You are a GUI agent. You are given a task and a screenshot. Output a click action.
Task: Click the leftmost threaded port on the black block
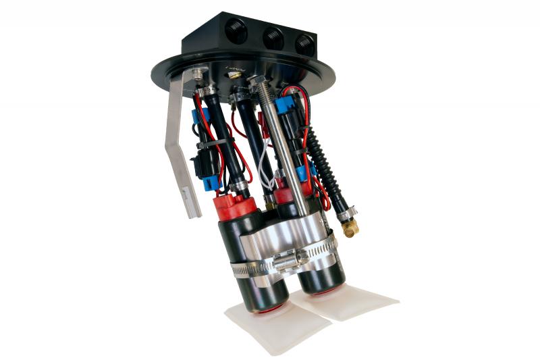(237, 30)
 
